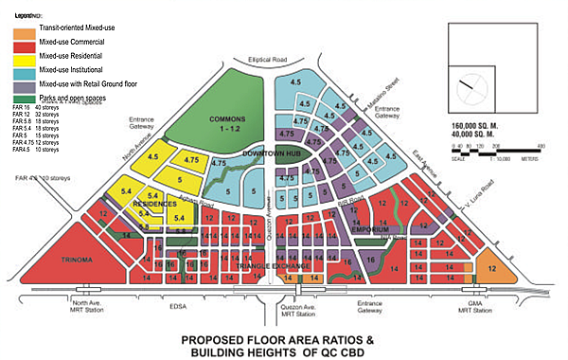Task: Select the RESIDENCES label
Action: click(153, 204)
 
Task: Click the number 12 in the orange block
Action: click(492, 269)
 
